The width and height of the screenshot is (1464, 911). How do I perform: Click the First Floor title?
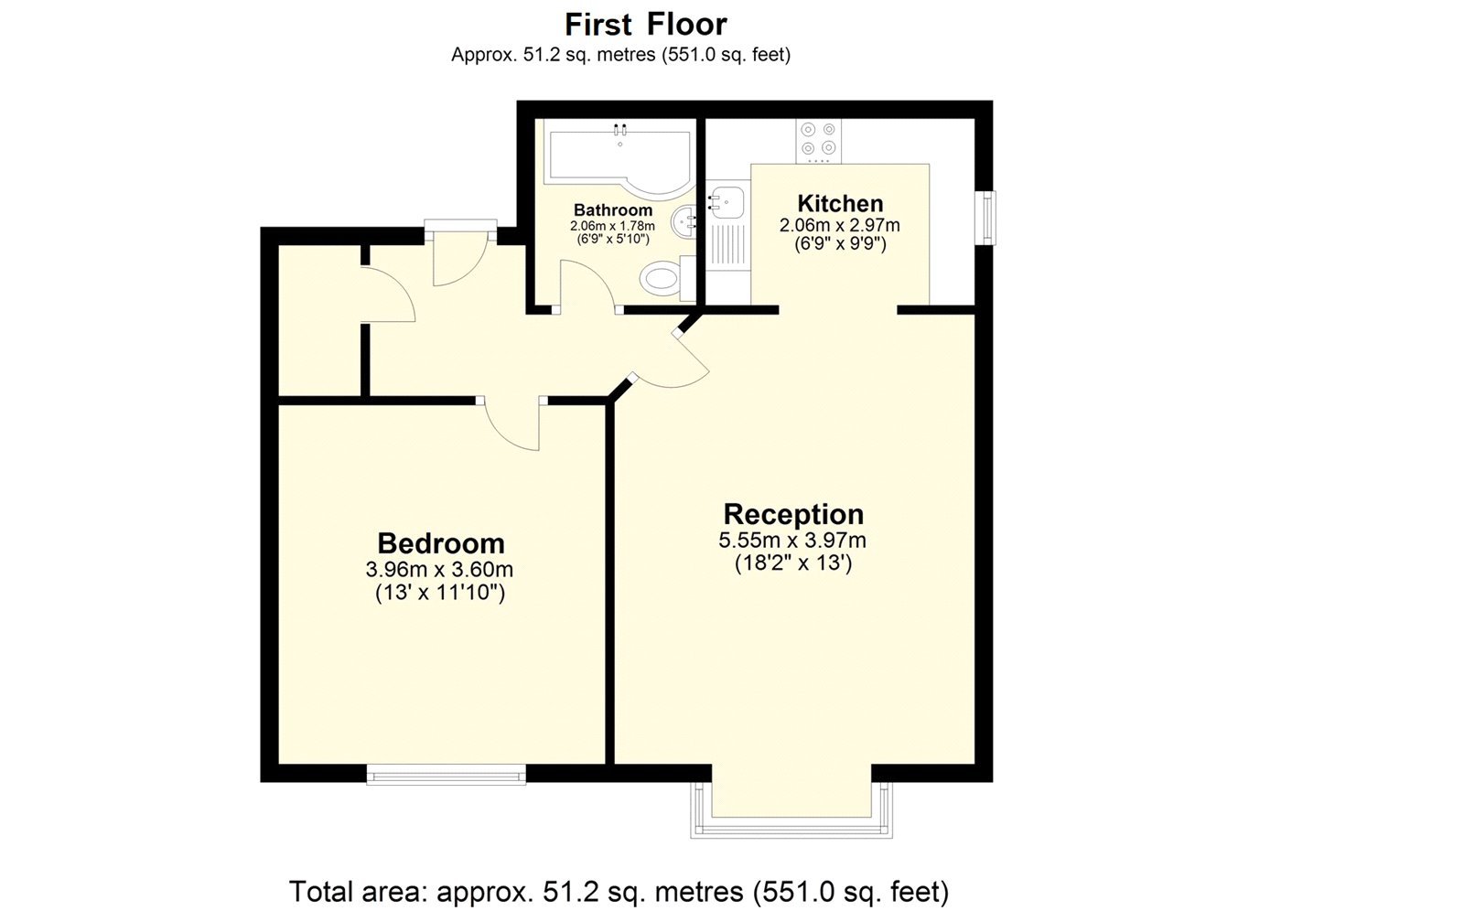point(645,23)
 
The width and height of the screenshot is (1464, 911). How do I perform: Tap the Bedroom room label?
point(440,543)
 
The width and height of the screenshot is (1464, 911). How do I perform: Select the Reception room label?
point(793,514)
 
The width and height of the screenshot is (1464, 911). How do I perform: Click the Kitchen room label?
point(840,203)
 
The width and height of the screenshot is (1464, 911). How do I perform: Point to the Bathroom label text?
point(613,210)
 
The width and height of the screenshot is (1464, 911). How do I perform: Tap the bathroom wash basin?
point(685,220)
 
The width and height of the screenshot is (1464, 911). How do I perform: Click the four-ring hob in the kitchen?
point(818,139)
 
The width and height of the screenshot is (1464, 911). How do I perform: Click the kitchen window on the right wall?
point(987,217)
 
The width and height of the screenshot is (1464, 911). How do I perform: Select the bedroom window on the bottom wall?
point(447,775)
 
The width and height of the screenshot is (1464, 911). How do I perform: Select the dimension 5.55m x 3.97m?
point(792,541)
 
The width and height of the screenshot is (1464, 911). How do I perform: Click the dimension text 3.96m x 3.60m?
point(439,570)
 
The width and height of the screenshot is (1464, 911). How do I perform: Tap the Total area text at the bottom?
point(619,890)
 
